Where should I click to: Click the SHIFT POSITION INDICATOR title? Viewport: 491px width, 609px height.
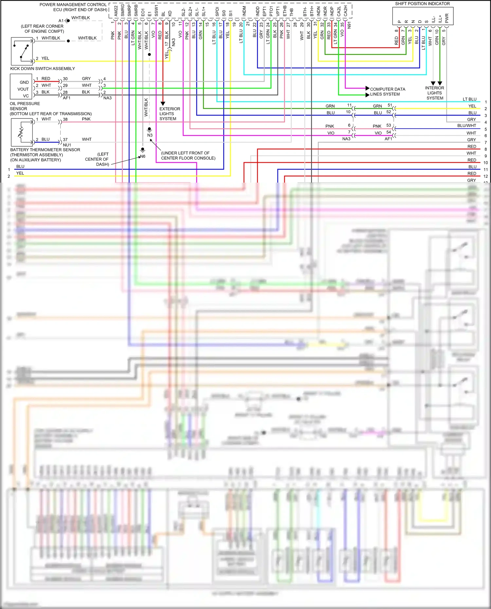(x=422, y=4)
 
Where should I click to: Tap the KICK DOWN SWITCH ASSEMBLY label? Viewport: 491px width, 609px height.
(x=43, y=68)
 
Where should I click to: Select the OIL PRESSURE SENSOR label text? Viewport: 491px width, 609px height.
(x=25, y=106)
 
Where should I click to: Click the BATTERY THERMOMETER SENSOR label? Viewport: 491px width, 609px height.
(x=45, y=150)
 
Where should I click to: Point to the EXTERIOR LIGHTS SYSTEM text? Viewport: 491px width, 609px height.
(x=170, y=114)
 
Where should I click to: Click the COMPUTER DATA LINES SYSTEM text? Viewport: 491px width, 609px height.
(x=388, y=92)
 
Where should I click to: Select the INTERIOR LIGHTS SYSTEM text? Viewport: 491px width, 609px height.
(x=435, y=93)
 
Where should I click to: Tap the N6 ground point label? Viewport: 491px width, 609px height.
(x=143, y=156)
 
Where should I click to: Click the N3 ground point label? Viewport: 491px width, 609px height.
(x=150, y=135)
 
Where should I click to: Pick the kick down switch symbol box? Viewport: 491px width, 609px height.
(x=22, y=51)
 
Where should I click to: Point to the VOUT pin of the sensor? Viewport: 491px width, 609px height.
(x=23, y=89)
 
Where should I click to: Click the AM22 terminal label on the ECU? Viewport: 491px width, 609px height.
(x=116, y=11)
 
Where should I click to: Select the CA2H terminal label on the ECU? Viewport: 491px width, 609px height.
(x=345, y=11)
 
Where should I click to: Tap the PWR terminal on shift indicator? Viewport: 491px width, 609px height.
(x=446, y=18)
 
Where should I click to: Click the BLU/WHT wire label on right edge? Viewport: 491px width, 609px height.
(x=466, y=126)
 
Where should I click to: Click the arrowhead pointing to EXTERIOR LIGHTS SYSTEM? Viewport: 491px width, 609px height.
(x=163, y=103)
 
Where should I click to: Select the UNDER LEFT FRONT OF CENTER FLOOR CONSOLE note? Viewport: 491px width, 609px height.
(x=188, y=155)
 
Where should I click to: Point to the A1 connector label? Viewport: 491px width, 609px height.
(x=61, y=21)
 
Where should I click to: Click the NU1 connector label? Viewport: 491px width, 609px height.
(x=67, y=145)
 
